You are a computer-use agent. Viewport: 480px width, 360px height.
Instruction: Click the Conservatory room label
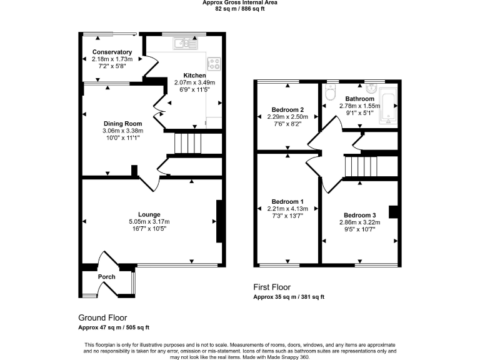point(112,52)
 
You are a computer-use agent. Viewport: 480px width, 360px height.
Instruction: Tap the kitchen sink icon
point(186,43)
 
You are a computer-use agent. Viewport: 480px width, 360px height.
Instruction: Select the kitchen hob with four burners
point(214,63)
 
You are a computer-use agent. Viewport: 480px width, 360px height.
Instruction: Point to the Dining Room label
point(122,124)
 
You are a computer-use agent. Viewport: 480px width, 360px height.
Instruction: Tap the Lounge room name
point(150,214)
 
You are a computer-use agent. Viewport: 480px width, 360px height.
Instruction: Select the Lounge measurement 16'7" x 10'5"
point(150,228)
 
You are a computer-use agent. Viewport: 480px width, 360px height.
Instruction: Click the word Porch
point(106,277)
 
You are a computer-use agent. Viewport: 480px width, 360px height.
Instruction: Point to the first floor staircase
point(361,167)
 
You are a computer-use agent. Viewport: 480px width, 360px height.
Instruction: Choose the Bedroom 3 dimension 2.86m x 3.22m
point(359,222)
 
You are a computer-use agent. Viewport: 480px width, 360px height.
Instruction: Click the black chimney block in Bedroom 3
point(394,211)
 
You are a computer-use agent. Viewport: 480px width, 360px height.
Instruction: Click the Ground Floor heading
point(102,317)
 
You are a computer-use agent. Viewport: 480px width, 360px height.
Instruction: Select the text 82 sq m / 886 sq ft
point(240,9)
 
